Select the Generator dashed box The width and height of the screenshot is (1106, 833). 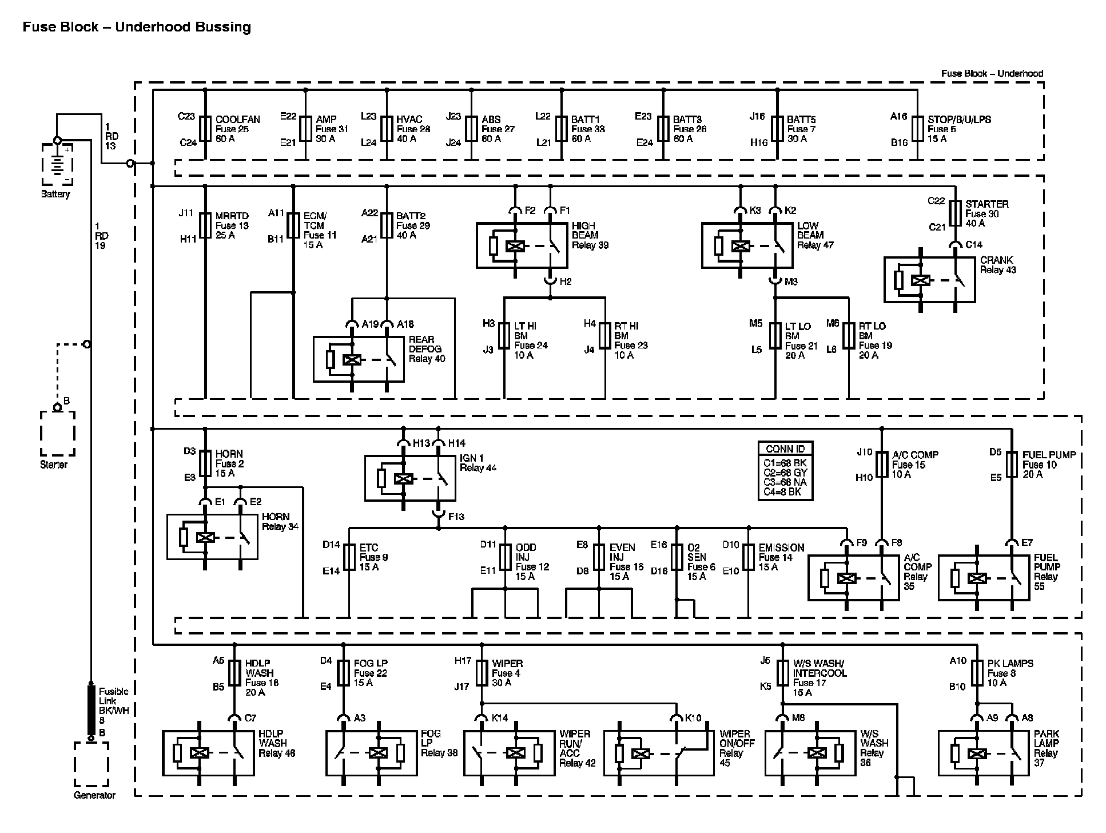(x=75, y=765)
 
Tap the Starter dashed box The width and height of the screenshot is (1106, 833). (x=41, y=434)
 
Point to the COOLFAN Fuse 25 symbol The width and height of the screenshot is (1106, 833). (x=205, y=129)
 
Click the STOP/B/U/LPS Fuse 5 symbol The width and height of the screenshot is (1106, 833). (x=917, y=129)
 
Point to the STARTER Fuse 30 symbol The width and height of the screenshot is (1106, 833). (x=955, y=213)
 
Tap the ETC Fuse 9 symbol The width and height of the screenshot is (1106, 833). (x=349, y=557)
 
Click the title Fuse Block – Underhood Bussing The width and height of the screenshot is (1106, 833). (x=137, y=27)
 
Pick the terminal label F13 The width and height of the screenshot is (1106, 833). (x=456, y=517)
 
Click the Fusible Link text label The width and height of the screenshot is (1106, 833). (x=114, y=696)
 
